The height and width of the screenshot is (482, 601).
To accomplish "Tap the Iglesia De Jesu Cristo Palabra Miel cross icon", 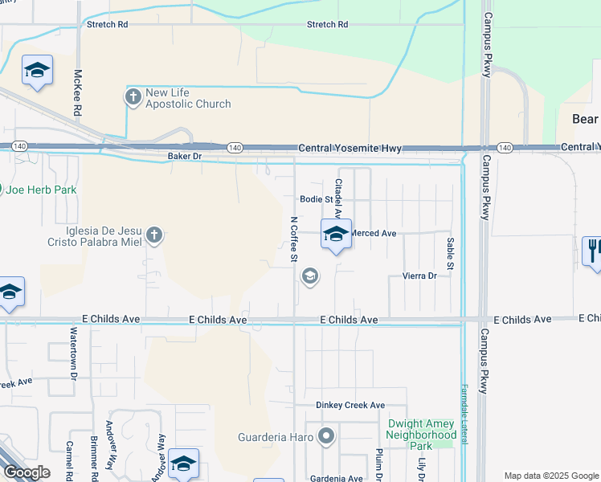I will tap(154, 235).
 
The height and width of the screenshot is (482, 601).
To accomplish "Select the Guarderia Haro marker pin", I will tap(326, 438).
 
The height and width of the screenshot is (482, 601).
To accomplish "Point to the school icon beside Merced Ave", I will tap(336, 234).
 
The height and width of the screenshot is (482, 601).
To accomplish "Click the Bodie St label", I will tap(316, 199).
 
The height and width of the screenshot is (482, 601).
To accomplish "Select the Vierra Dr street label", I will tap(419, 276).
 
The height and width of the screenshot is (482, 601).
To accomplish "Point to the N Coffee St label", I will tap(293, 238).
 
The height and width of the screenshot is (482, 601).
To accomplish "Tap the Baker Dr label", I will tap(185, 156).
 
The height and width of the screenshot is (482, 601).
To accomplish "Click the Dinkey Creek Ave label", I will tap(350, 406).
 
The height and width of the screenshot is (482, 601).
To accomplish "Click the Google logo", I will tap(27, 472).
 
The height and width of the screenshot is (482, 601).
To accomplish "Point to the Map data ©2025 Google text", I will tap(550, 476).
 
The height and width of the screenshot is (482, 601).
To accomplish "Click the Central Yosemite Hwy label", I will tap(350, 149).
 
